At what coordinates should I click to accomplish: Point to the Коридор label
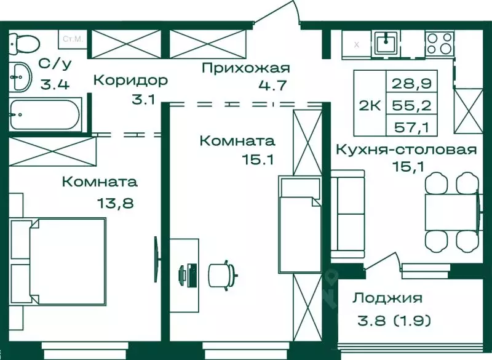point(130,81)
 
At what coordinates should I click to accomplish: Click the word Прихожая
point(245,68)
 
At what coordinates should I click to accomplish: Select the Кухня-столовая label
point(406,150)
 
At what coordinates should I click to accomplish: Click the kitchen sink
point(386,42)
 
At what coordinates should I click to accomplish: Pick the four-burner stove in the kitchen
point(439,43)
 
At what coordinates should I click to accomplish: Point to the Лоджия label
point(387,298)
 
